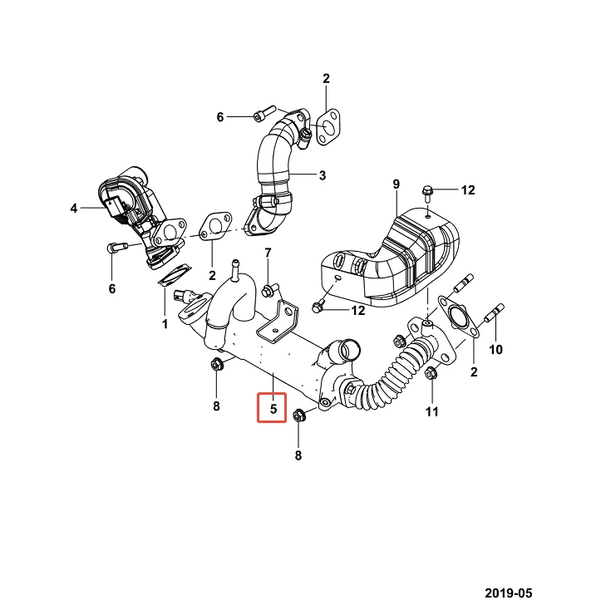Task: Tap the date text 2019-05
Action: tap(508, 593)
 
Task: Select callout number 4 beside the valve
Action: tap(74, 209)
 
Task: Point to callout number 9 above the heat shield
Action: tap(397, 183)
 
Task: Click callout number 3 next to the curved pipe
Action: tap(323, 175)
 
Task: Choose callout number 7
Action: tap(268, 253)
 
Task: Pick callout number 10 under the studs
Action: tap(495, 349)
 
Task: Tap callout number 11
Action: tap(431, 411)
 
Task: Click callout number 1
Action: tap(165, 322)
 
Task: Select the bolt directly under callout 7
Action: tap(268, 290)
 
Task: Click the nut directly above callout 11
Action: tap(431, 375)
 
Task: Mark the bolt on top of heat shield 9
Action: tap(426, 194)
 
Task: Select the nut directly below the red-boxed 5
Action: tap(300, 416)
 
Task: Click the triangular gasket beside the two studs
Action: tap(458, 318)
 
